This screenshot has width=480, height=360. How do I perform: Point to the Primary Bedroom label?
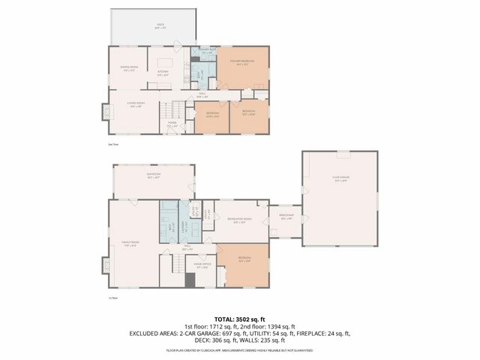[244, 61]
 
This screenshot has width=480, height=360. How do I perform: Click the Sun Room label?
[154, 175]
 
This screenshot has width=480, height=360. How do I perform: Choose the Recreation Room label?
[239, 220]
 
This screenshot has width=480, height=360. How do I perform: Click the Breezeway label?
[285, 215]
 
